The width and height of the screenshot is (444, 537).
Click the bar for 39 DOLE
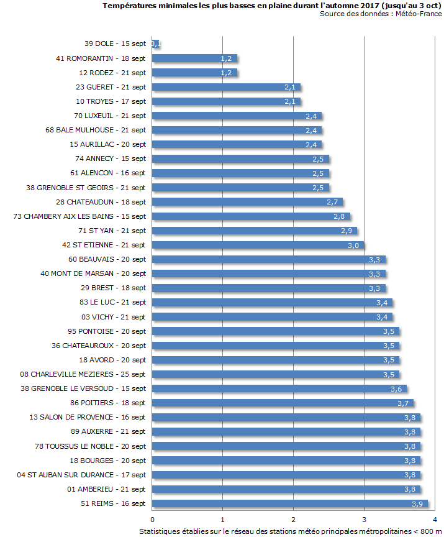[156, 44]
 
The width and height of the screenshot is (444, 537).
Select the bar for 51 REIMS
[289, 503]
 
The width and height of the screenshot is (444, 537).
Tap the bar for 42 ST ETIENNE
[258, 245]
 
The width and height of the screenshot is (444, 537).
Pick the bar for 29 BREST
[268, 288]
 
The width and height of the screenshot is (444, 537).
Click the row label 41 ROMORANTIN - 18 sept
[101, 58]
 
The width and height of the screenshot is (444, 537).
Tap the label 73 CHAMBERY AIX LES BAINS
[79, 216]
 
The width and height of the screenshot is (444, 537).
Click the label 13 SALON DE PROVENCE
[88, 417]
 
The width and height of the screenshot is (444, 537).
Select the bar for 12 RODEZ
[194, 73]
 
